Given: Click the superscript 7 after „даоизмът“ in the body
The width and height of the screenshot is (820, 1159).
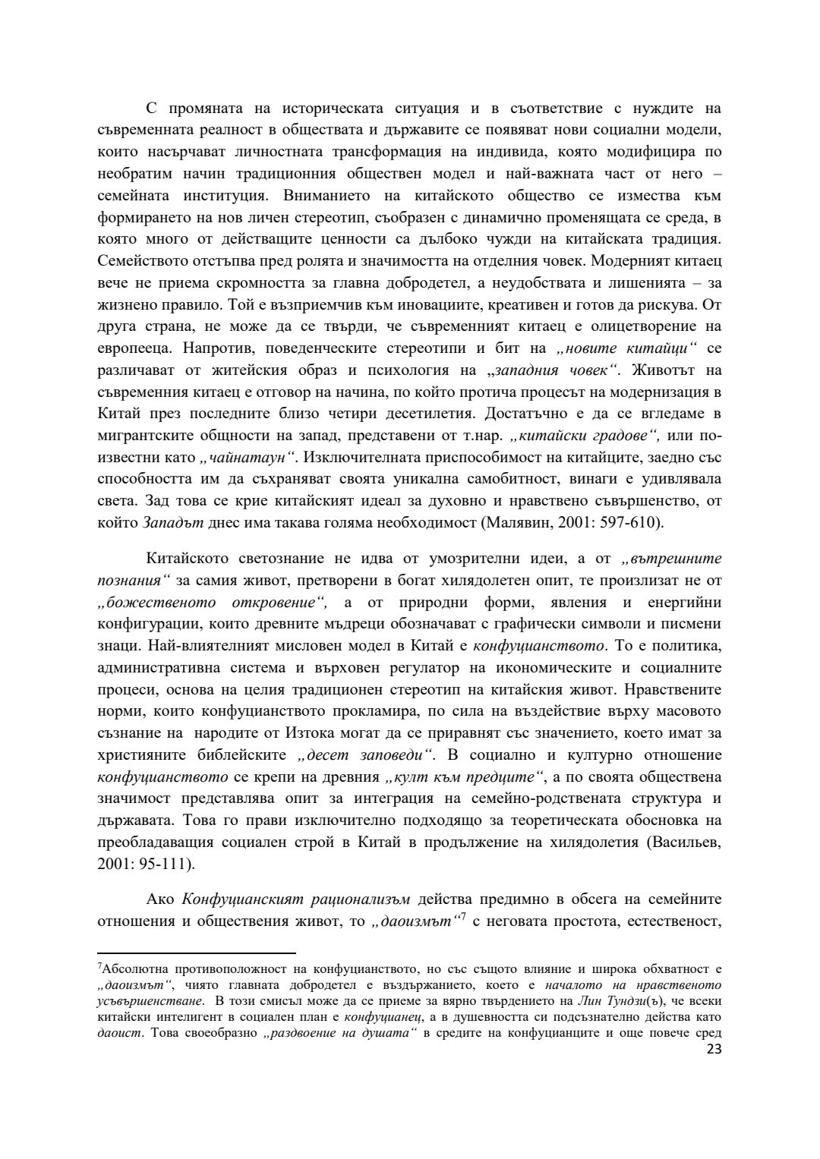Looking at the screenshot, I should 463,918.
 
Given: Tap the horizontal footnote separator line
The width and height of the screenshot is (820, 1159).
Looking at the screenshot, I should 197,952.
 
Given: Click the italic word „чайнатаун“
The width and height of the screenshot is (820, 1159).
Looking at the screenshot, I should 247,458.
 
